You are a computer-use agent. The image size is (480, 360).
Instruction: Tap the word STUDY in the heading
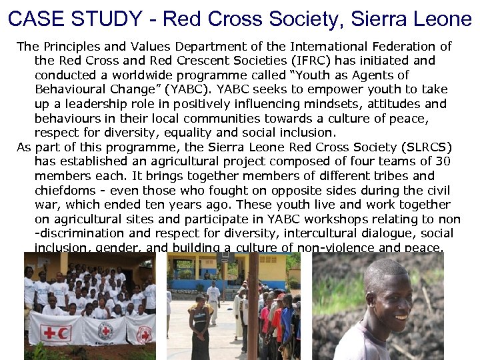point(107,19)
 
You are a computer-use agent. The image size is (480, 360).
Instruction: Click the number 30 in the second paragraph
point(443,161)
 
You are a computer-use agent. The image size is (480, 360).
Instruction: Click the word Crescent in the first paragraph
point(182,61)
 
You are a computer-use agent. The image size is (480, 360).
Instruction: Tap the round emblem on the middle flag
point(105,331)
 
